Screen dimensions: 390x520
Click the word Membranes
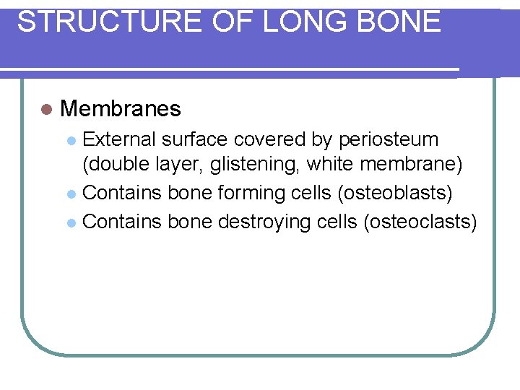pyautogui.click(x=121, y=109)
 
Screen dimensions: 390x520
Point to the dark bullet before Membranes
pyautogui.click(x=47, y=110)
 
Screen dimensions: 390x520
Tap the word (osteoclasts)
pyautogui.click(x=421, y=220)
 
